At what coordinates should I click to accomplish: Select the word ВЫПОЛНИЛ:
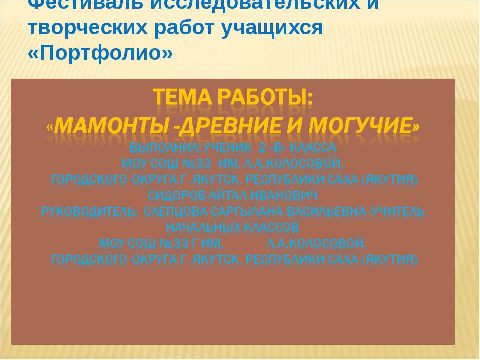coord(161,148)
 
